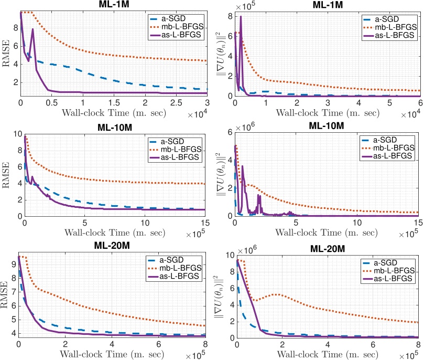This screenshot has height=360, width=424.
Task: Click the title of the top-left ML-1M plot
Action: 113,4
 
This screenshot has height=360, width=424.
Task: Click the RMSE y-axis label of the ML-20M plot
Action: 7,295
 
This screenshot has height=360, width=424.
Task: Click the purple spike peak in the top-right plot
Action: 241,17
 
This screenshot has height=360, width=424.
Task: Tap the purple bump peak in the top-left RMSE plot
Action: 32,29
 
